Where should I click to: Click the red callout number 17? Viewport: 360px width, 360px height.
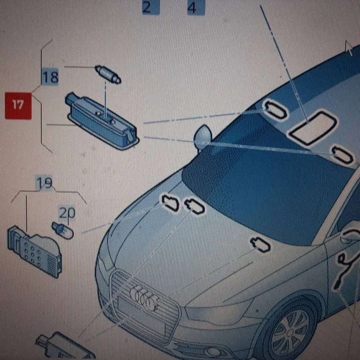[18, 105]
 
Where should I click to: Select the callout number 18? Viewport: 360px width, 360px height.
[51, 77]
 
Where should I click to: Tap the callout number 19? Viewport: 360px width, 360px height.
[45, 183]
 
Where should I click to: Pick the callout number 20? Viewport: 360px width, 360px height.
[67, 213]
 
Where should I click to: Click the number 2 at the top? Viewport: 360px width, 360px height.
[147, 7]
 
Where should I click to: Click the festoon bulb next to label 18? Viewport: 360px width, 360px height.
[108, 74]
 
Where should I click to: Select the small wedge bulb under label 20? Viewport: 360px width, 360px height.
[62, 231]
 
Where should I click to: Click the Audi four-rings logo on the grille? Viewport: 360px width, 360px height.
[144, 297]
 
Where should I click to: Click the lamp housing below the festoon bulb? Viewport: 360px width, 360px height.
[103, 120]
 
